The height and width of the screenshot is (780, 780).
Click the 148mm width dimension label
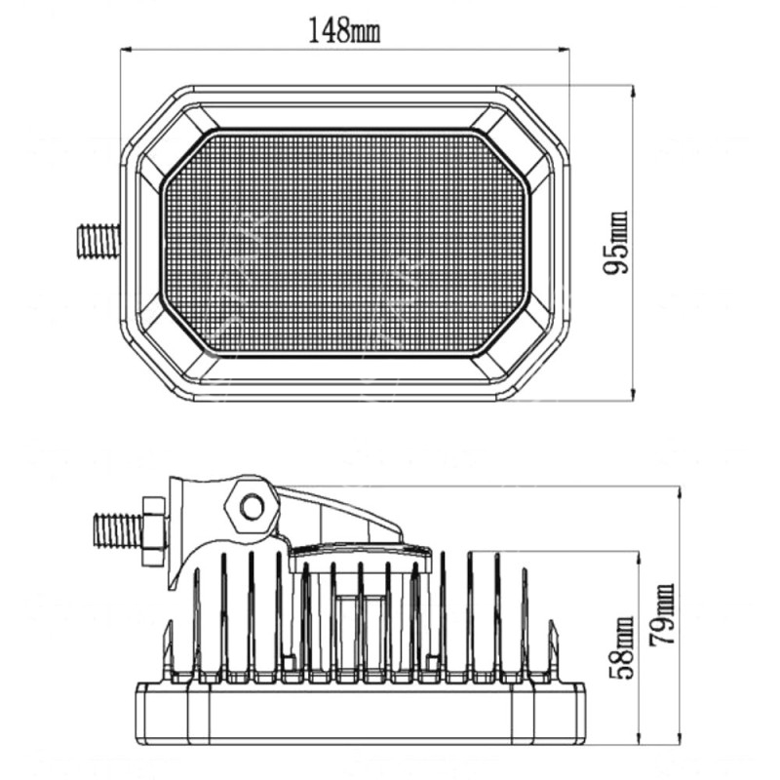tap(345, 30)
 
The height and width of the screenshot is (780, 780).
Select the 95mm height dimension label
tap(616, 243)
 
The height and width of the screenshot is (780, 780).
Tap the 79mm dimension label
tap(662, 615)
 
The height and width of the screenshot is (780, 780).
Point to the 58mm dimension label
tap(621, 647)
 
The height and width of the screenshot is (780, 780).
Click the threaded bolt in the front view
tap(98, 241)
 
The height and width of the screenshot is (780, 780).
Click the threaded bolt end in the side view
tap(118, 530)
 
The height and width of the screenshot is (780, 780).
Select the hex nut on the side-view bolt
tap(153, 530)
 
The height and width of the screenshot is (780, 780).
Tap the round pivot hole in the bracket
tap(252, 507)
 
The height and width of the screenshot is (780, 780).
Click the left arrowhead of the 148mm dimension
tap(127, 50)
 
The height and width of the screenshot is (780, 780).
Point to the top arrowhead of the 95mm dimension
tap(632, 91)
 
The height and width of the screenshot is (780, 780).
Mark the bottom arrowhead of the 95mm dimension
tap(632, 395)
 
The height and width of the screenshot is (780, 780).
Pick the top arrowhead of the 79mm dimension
tap(680, 491)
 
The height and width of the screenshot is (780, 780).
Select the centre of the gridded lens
tap(346, 243)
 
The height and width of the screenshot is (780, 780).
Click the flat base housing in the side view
tap(361, 715)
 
